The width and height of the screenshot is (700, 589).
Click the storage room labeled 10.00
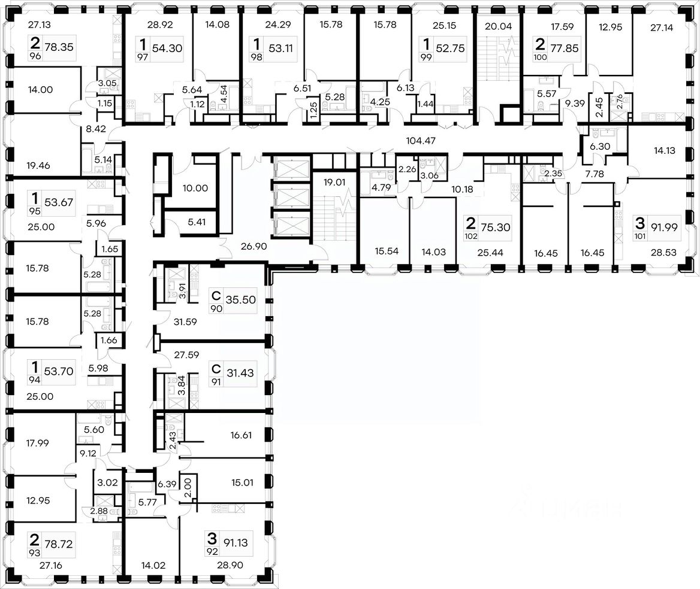194,188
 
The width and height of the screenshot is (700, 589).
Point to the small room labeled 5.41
195,221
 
